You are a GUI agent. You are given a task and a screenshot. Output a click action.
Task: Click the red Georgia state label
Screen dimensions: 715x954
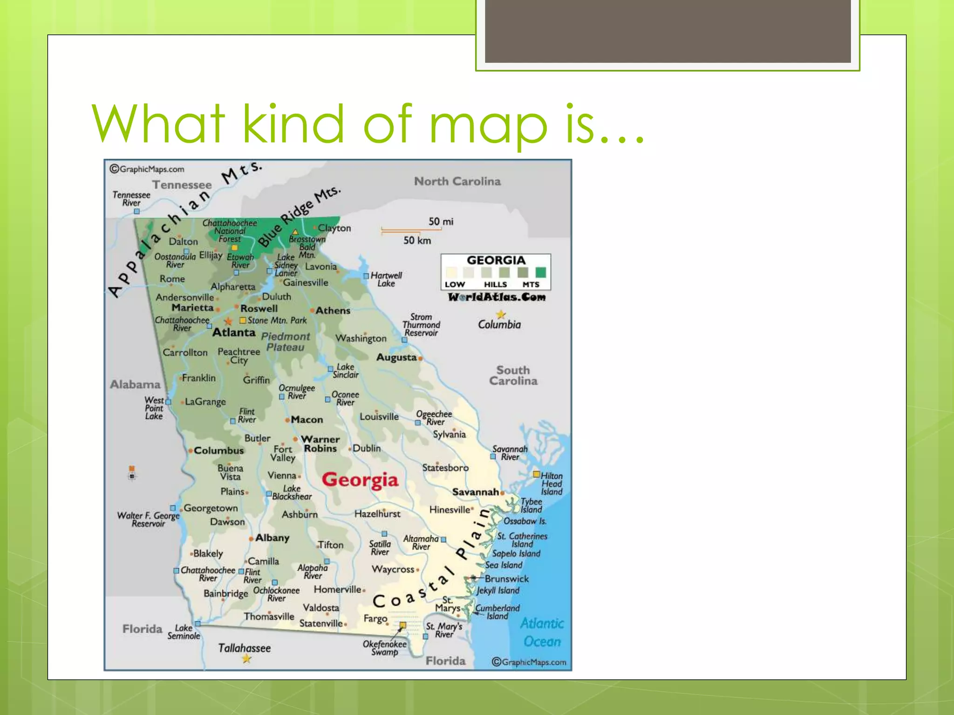(360, 480)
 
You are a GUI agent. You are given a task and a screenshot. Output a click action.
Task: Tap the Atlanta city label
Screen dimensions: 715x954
(234, 332)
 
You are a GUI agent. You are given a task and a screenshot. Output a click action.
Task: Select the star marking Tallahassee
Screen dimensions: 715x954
(246, 659)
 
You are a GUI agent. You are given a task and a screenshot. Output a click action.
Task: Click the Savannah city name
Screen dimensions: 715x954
(475, 492)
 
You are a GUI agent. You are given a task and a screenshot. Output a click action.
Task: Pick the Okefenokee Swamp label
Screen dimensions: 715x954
(384, 648)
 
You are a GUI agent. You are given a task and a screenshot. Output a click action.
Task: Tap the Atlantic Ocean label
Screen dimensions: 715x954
(542, 632)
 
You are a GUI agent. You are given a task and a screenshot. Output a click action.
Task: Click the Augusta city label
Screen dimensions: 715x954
(396, 357)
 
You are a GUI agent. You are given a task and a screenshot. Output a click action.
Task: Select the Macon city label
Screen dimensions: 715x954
(307, 419)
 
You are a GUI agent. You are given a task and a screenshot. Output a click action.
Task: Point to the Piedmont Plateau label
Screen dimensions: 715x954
(285, 342)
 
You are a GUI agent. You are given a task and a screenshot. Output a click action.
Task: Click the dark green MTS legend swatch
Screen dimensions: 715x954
(540, 272)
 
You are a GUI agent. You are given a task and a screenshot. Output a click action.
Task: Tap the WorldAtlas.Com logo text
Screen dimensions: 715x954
(497, 297)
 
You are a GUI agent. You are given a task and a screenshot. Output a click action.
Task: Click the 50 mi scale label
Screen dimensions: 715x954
(441, 221)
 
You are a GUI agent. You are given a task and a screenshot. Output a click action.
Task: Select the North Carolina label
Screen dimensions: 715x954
(457, 181)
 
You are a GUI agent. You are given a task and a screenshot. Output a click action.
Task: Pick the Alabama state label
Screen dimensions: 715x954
(135, 384)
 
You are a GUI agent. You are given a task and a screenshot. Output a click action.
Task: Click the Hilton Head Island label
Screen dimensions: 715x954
(552, 484)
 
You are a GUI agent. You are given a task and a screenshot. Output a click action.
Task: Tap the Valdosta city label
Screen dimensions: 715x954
(321, 607)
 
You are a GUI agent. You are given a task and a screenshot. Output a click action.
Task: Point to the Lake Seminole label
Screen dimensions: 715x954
(184, 632)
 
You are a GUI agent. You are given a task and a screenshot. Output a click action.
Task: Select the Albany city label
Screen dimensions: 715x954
(272, 538)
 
